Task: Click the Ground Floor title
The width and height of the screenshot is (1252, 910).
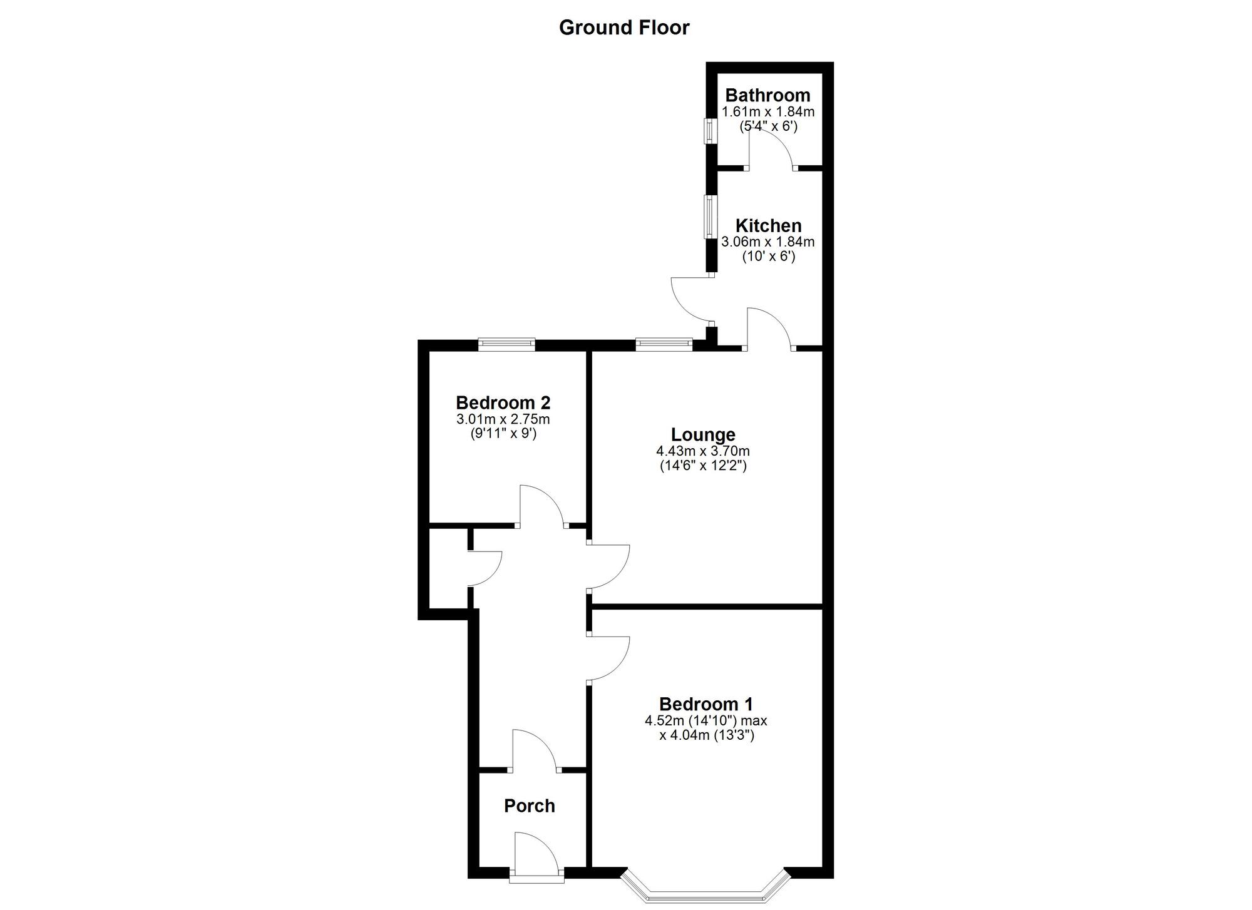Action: point(624,28)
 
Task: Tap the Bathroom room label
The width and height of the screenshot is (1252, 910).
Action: point(767,95)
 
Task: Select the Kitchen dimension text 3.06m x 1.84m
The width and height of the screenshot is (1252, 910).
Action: point(768,242)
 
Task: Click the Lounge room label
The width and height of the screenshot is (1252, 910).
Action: point(703,434)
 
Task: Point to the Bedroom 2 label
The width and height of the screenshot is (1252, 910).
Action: point(503,402)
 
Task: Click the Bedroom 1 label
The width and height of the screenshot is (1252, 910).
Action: point(706,704)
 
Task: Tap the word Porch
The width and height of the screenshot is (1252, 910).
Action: point(530,805)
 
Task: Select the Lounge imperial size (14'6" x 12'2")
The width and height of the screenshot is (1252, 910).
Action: point(703,466)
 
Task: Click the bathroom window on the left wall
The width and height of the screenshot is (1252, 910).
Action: point(710,131)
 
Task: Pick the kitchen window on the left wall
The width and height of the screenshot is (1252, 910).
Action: point(710,217)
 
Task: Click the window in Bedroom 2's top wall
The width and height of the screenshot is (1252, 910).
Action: point(506,343)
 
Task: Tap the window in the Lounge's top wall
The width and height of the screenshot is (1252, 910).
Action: point(664,343)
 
